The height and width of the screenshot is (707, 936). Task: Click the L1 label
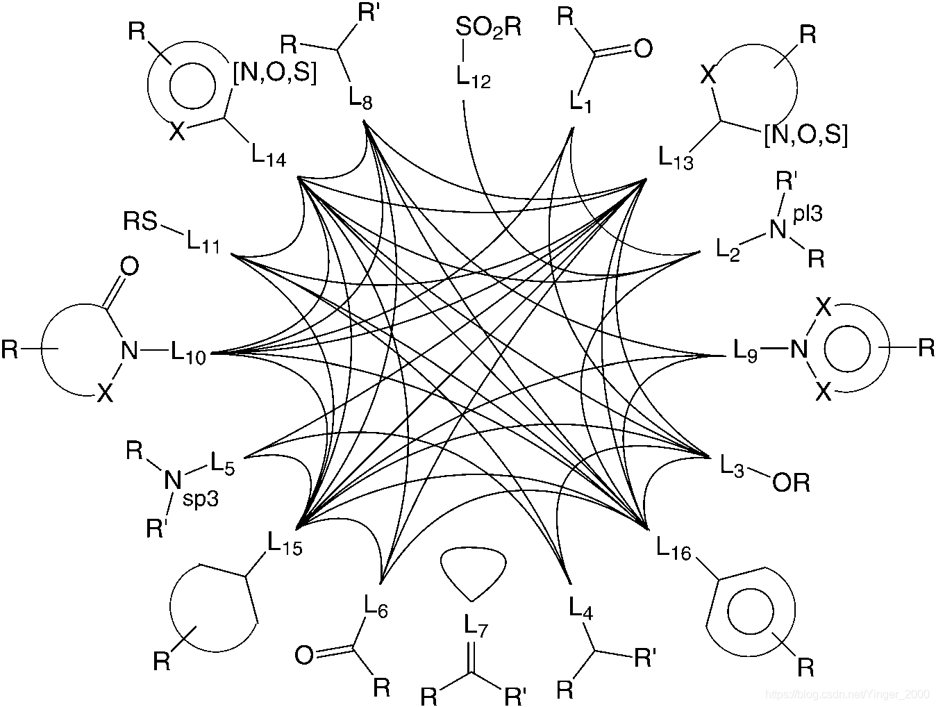point(580,101)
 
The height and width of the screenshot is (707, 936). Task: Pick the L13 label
point(676,158)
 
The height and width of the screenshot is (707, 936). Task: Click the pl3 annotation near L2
point(808,215)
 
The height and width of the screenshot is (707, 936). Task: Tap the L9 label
point(746,349)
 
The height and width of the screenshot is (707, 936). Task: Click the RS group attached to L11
point(141,222)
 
